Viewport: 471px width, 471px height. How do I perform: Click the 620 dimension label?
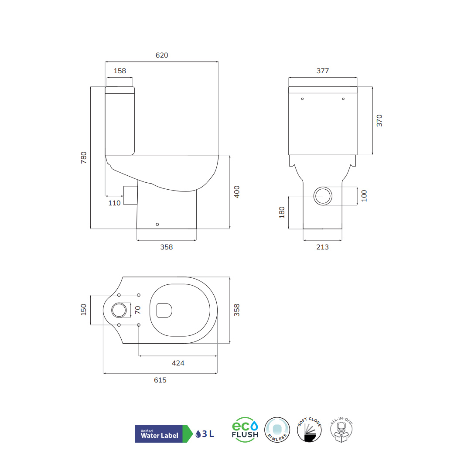pyautogui.click(x=162, y=55)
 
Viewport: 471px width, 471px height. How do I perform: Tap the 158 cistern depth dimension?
pyautogui.click(x=120, y=71)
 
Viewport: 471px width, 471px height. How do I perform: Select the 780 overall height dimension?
pyautogui.click(x=84, y=158)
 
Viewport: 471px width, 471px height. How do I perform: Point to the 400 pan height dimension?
pyautogui.click(x=237, y=192)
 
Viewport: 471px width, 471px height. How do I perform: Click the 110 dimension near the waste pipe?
pyautogui.click(x=114, y=203)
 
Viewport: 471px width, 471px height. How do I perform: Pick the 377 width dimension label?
pyautogui.click(x=323, y=71)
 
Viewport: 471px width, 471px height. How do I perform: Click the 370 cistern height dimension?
pyautogui.click(x=379, y=120)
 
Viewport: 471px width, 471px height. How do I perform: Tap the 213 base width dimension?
pyautogui.click(x=323, y=247)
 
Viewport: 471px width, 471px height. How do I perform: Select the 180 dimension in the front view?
pyautogui.click(x=282, y=212)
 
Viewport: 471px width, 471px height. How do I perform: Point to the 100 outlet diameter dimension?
pyautogui.click(x=364, y=196)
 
